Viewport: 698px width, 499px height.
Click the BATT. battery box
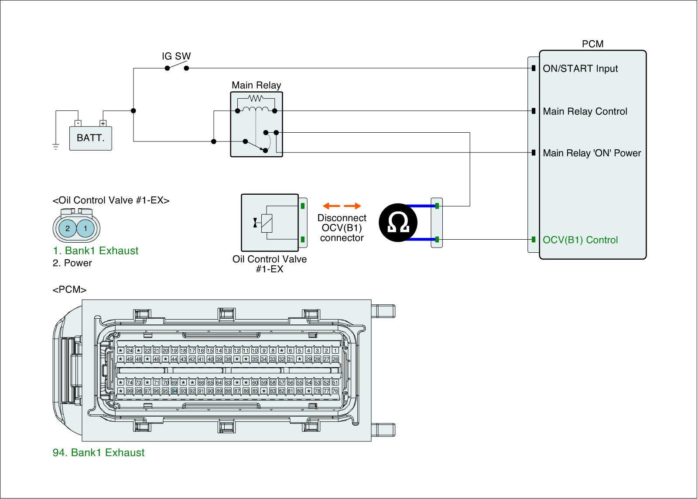(91, 138)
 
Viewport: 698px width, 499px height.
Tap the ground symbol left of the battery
(56, 147)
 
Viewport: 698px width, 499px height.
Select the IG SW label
(176, 56)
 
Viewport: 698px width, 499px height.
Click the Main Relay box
(256, 124)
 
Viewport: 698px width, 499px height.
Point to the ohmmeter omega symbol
(397, 223)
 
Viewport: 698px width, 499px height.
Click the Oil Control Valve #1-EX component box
(269, 223)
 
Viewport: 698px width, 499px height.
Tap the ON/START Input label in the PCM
(580, 69)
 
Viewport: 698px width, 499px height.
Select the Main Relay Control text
(585, 111)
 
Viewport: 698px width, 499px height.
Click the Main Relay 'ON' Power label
(592, 153)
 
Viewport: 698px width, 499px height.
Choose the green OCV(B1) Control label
(580, 240)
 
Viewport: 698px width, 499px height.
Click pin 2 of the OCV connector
(67, 228)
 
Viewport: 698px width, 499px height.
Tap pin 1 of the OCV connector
(86, 228)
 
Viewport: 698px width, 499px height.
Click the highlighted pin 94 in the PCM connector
(174, 391)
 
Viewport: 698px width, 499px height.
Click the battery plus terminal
(103, 124)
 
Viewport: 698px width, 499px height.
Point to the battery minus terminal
(77, 124)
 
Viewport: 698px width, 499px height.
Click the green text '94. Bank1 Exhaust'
(99, 452)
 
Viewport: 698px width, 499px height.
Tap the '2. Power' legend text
(72, 263)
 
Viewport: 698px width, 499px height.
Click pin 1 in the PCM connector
(335, 351)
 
